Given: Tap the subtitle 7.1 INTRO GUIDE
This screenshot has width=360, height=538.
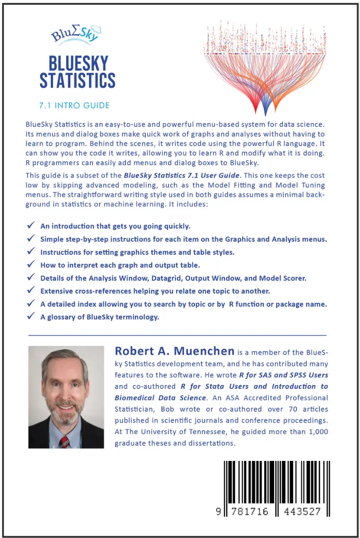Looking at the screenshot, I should pyautogui.click(x=74, y=106).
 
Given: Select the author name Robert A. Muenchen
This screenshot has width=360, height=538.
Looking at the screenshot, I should pyautogui.click(x=175, y=351).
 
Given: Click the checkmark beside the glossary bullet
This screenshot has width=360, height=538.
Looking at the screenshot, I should pyautogui.click(x=31, y=317).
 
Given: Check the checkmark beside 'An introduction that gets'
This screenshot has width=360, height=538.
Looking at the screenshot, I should pyautogui.click(x=31, y=225).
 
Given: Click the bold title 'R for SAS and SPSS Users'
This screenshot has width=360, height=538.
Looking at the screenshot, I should pyautogui.click(x=284, y=375).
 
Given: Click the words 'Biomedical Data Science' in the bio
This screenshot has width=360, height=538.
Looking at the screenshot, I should pyautogui.click(x=160, y=398).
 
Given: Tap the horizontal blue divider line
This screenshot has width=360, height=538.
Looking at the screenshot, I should pyautogui.click(x=177, y=335).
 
